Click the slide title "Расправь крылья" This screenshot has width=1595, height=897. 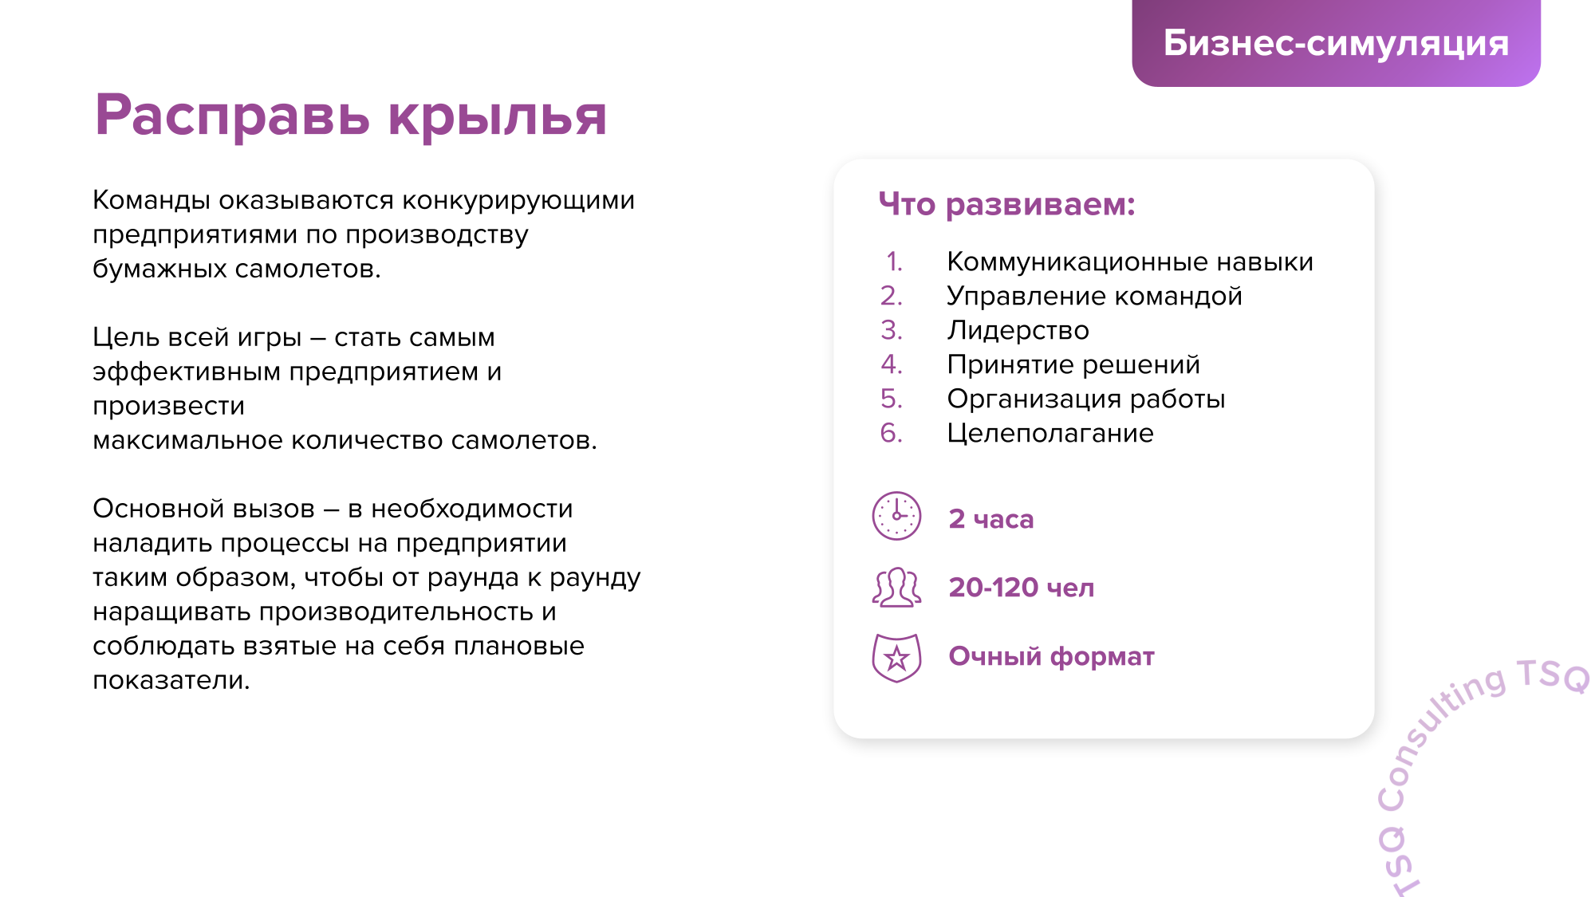[351, 117]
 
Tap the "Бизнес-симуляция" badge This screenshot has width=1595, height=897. [1336, 43]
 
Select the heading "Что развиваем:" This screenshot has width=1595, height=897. [1006, 204]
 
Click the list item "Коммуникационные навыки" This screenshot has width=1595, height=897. [1130, 262]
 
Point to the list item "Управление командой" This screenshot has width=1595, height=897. [1094, 296]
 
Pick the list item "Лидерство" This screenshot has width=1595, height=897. [1018, 330]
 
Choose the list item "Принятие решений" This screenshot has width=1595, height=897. [1073, 364]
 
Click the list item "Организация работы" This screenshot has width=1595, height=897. [1085, 399]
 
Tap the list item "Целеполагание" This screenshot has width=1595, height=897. [1050, 433]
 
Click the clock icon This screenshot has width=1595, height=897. [896, 516]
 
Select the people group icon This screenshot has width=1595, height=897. [896, 588]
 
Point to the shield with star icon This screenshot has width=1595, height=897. [896, 658]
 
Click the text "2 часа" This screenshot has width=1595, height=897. [990, 519]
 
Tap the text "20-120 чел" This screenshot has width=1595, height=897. [1021, 588]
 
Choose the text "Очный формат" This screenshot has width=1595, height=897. [1051, 656]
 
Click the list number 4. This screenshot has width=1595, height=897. [891, 364]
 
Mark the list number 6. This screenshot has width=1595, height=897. [891, 433]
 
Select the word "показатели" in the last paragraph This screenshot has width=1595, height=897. [171, 680]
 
